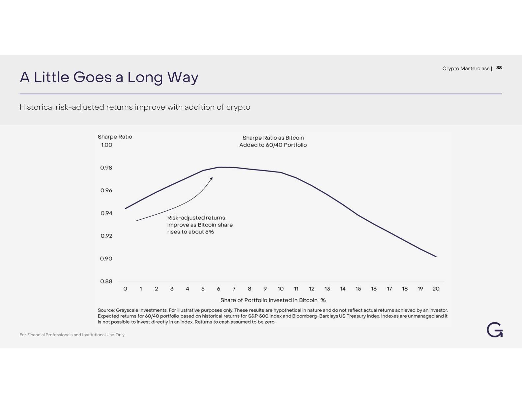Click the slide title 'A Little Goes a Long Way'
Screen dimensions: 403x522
[x=109, y=77]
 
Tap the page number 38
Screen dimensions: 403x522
[x=499, y=68]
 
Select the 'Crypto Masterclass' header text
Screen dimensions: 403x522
[x=466, y=68]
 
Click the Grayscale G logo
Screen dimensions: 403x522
[x=495, y=330]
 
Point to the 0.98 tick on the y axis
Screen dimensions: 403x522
[x=106, y=168]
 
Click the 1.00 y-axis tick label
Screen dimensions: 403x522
[x=106, y=145]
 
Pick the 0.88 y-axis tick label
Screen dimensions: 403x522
[x=106, y=282]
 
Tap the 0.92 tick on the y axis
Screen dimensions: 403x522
[x=106, y=236]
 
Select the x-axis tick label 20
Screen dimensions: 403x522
[x=436, y=289]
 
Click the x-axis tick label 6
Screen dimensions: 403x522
[x=218, y=289]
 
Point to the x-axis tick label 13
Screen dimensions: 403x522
[x=327, y=289]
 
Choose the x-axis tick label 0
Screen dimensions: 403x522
[x=125, y=289]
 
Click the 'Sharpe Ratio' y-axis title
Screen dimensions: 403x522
[x=115, y=137]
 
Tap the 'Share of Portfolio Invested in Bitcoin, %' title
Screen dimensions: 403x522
[x=273, y=300]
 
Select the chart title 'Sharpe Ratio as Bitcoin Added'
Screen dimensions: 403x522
[x=273, y=141]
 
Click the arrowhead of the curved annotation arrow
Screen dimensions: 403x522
[x=212, y=178]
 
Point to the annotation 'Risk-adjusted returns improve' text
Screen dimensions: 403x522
[x=200, y=225]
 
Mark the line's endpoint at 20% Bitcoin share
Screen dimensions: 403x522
[x=436, y=256]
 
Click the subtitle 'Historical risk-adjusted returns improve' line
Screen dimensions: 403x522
[x=135, y=107]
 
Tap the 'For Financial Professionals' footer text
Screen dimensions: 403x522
[x=72, y=335]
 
